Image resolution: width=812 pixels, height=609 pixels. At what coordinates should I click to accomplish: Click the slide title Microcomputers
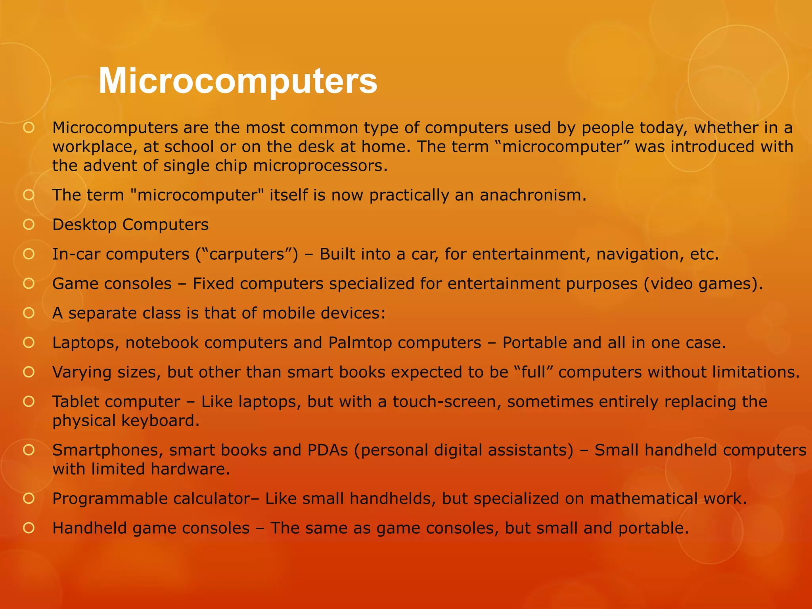(x=238, y=81)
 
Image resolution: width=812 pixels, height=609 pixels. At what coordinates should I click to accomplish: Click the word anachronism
(x=532, y=195)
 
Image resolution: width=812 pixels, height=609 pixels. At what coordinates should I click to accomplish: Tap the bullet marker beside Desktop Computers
(x=29, y=225)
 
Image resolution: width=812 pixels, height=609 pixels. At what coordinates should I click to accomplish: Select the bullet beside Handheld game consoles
(x=29, y=528)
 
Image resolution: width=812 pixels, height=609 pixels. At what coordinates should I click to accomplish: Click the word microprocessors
(x=320, y=166)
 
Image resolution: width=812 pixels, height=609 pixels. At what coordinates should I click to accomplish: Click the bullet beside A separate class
(x=29, y=313)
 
